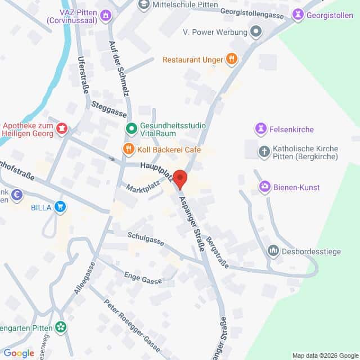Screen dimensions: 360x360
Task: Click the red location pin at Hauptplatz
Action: [180, 179]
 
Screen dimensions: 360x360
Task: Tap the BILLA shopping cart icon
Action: [60, 208]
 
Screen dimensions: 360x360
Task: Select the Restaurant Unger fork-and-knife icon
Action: [231, 59]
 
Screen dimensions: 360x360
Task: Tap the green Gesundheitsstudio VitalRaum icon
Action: [131, 129]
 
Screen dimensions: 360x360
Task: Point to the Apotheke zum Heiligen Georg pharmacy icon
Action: [62, 129]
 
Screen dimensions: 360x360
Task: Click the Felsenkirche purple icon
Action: [260, 129]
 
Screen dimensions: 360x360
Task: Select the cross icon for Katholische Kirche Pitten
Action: [264, 151]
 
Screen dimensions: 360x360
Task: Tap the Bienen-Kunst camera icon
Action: [264, 187]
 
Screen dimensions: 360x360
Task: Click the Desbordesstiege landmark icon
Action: [273, 251]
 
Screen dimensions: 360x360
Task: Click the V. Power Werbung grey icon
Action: [256, 31]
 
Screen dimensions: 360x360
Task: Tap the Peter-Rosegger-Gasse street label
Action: [132, 324]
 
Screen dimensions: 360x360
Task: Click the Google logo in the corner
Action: [19, 353]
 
